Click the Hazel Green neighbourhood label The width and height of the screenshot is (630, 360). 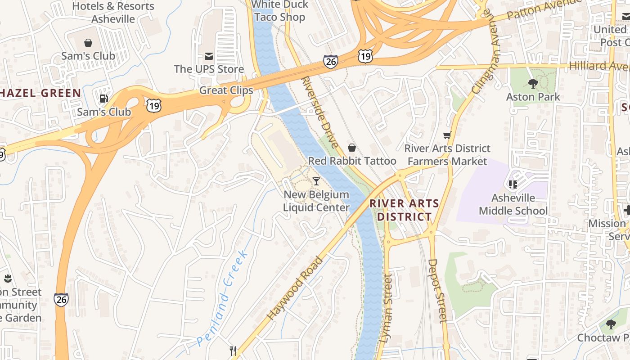40,93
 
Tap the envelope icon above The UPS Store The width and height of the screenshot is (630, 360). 209,56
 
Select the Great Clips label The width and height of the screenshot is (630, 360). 226,90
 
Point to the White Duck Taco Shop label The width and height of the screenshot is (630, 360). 279,11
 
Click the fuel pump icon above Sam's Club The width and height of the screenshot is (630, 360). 103,99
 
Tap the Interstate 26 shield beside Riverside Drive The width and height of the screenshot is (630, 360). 330,62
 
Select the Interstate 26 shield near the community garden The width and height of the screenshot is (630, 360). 61,300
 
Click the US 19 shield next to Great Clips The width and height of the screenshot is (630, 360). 153,106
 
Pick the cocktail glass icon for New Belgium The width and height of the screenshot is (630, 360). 316,181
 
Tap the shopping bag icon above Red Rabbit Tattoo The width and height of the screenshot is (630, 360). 352,148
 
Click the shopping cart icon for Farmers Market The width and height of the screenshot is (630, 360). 447,135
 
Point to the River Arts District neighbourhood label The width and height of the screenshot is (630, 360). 404,210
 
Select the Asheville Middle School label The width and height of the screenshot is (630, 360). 513,204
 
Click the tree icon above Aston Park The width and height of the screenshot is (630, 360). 533,83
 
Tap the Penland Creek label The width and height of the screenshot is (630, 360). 223,298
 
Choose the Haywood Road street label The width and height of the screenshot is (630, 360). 295,288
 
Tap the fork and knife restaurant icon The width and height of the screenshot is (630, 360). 233,351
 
